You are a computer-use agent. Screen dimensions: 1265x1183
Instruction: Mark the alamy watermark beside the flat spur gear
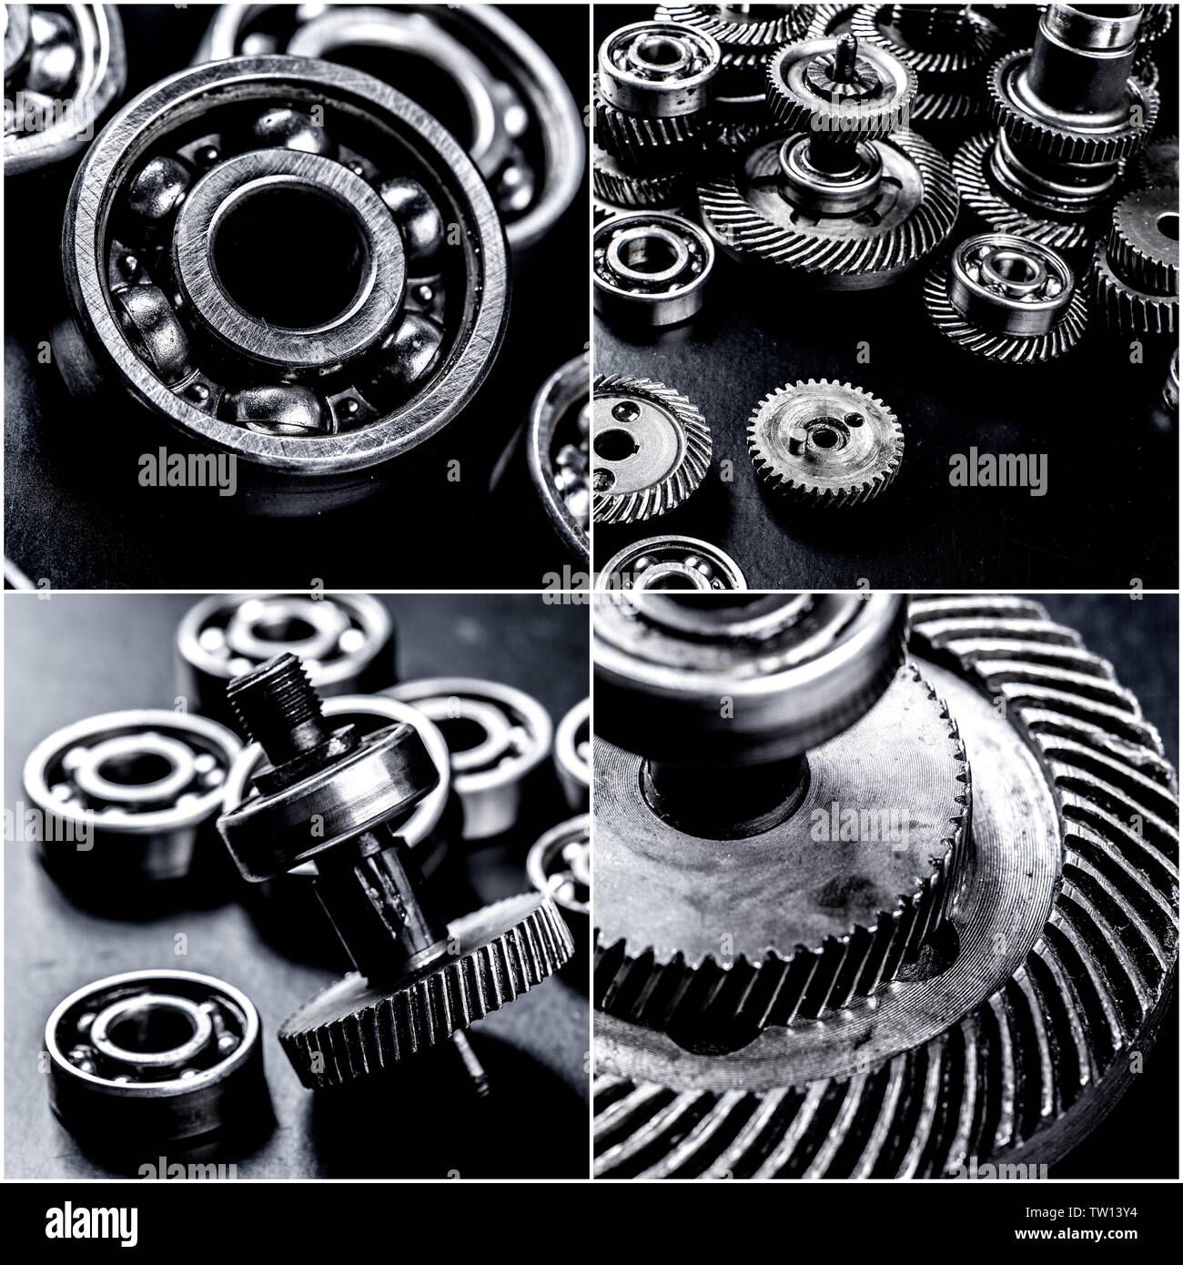pyautogui.click(x=998, y=470)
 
